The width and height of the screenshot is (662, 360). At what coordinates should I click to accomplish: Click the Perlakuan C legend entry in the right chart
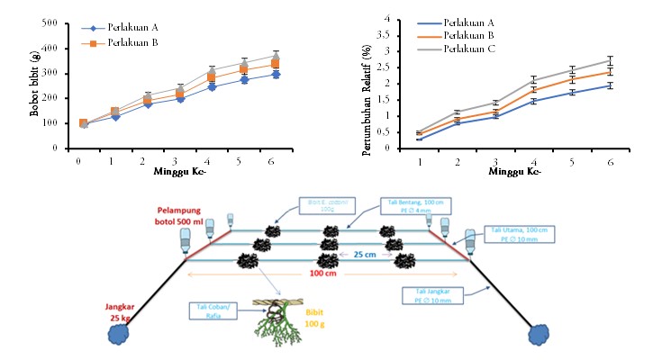point(472,48)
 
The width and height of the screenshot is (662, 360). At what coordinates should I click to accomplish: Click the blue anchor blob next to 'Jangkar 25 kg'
point(117,334)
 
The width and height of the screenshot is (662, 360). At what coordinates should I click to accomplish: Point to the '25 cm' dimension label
point(365,255)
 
